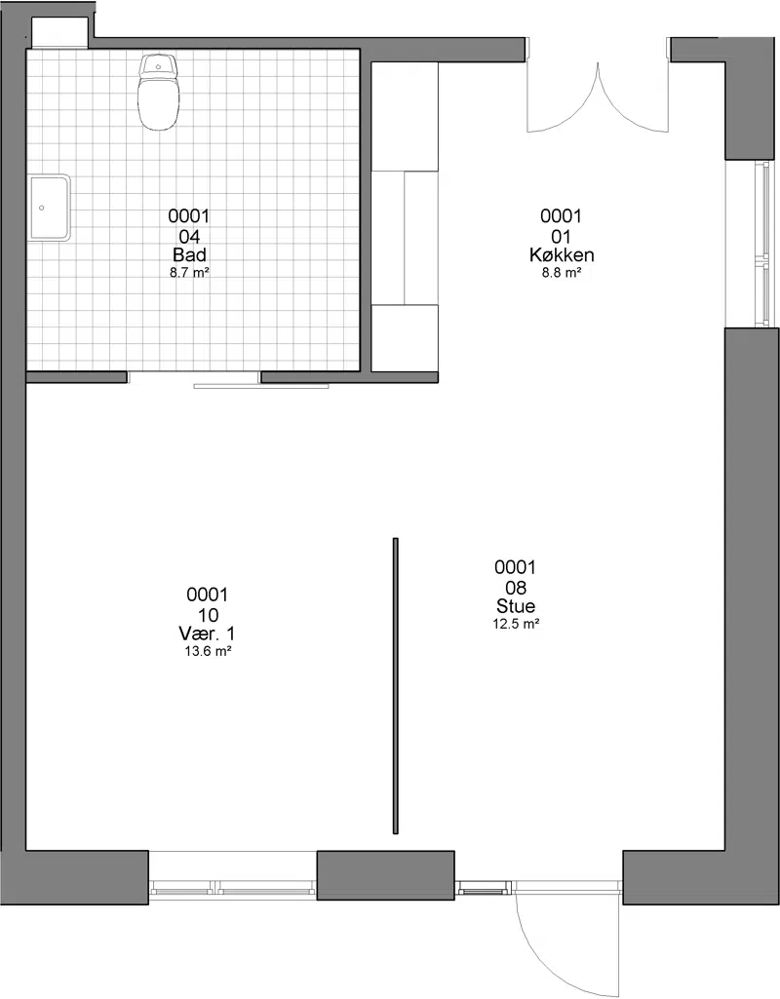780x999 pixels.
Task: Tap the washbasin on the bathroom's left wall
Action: (49, 208)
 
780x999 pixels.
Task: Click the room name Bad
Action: (189, 254)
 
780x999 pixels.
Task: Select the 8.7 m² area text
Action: (189, 273)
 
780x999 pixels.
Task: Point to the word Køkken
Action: (562, 254)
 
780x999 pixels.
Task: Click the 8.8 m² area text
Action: (562, 273)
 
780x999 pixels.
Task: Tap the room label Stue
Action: (516, 606)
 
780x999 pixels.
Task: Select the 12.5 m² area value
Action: (516, 624)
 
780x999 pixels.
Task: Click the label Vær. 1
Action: (207, 634)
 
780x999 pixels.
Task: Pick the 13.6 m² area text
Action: (207, 651)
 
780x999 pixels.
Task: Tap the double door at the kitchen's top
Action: (599, 96)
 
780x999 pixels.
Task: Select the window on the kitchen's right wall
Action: (760, 245)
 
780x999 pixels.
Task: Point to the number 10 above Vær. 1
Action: (208, 614)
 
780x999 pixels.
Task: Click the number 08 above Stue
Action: (516, 587)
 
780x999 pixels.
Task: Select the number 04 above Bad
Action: (189, 237)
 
